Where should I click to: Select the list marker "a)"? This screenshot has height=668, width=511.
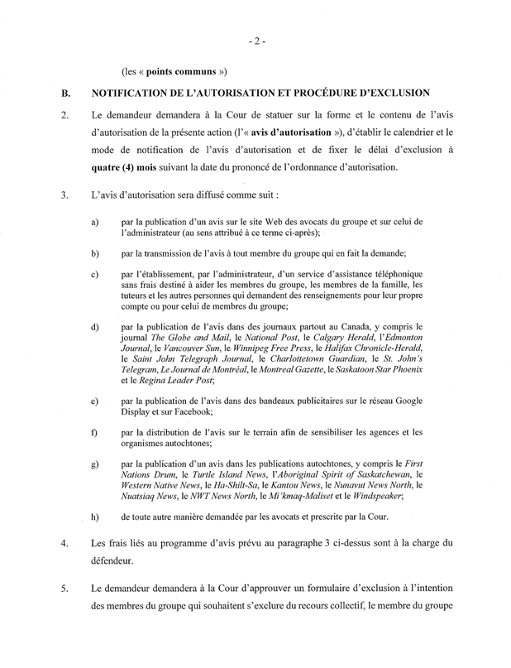(x=96, y=222)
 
